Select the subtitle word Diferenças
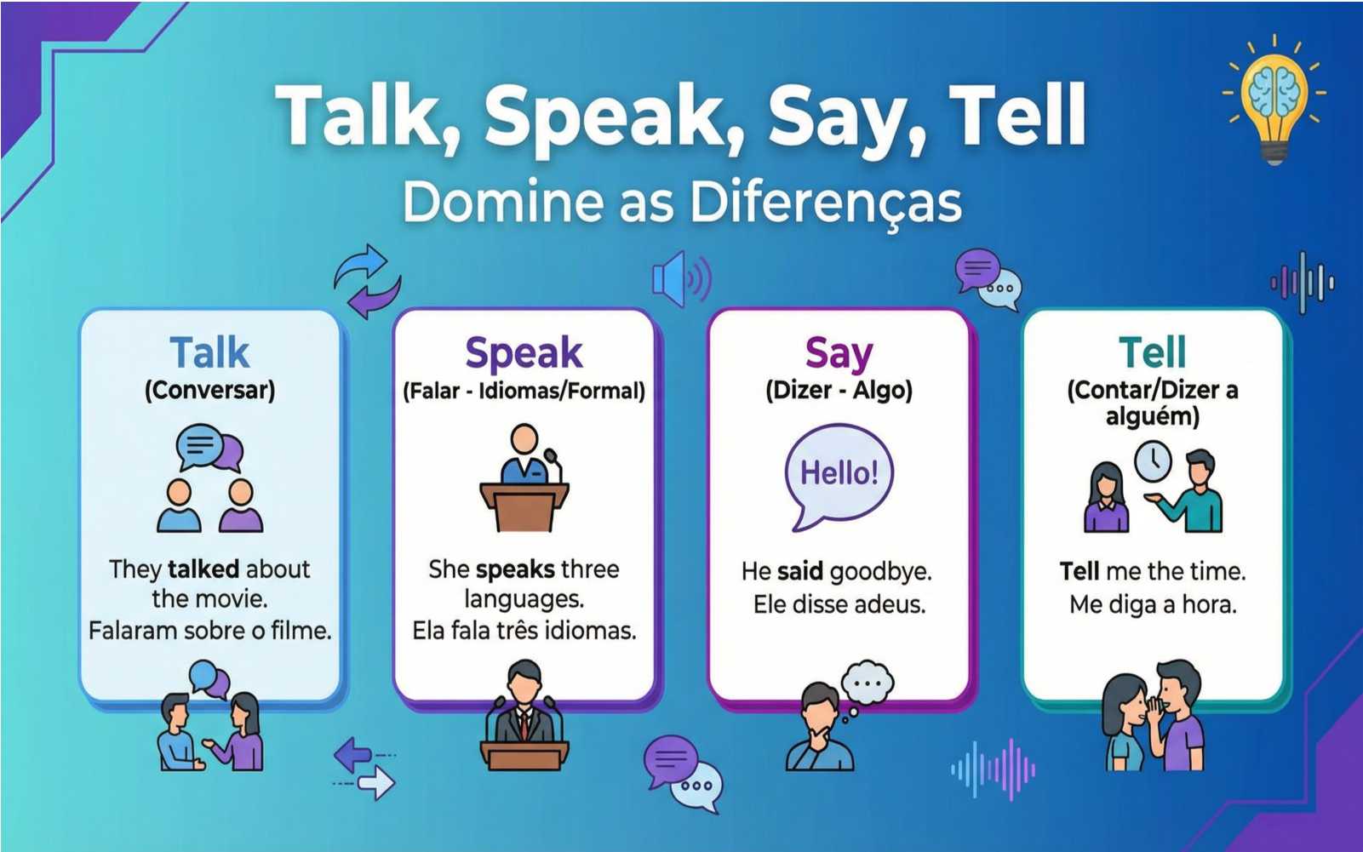point(826,203)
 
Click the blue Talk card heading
point(210,352)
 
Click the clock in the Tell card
point(1153,460)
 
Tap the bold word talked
point(203,569)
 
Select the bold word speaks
point(515,570)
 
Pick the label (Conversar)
point(210,390)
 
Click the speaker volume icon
point(681,280)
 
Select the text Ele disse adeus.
point(839,604)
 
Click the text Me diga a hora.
point(1153,605)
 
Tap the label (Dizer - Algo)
point(839,391)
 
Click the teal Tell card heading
point(1153,352)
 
